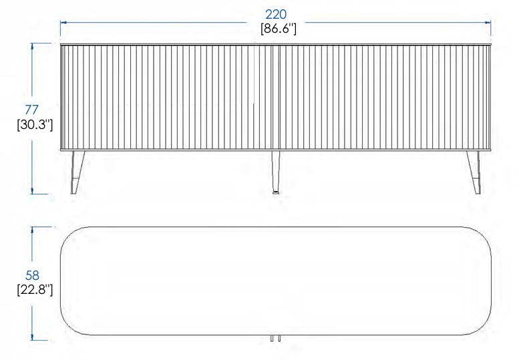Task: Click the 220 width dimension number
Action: (276, 14)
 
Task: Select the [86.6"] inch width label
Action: (278, 29)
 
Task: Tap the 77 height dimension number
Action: (32, 110)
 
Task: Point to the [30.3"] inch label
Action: (35, 125)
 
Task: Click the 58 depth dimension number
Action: (32, 275)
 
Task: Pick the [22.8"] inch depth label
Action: (35, 290)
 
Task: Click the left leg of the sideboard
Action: (77, 172)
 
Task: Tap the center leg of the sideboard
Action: (276, 172)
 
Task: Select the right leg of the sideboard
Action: (474, 172)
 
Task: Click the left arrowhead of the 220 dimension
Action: (63, 23)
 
